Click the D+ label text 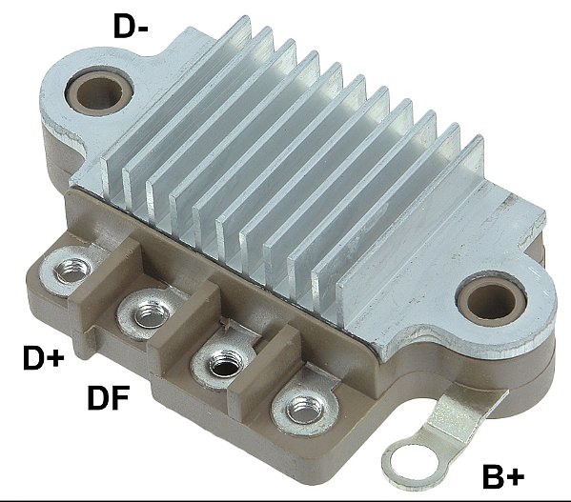[x=43, y=359]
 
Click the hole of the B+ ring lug [x=407, y=464]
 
